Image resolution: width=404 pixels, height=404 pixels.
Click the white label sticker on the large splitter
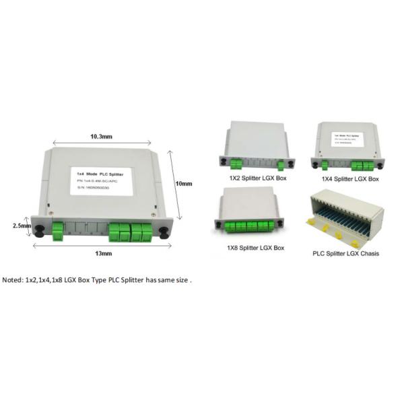pos(101,181)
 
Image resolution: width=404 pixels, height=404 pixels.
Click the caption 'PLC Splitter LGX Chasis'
pos(345,254)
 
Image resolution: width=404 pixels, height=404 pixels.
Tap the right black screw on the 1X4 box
pos(381,164)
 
